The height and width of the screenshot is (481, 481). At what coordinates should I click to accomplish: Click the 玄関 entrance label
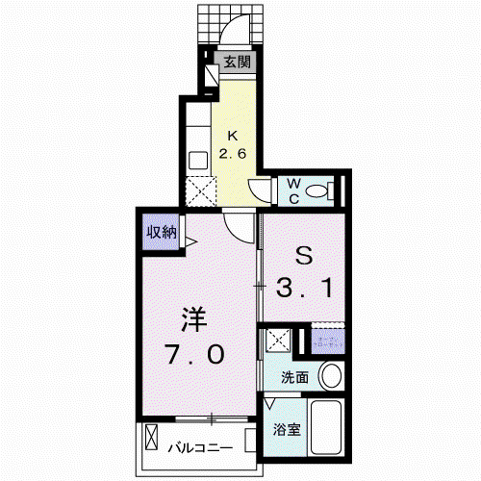coord(237,62)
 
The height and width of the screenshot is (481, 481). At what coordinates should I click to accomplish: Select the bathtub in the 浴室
coord(326,427)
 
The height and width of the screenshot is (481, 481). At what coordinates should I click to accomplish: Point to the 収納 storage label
coord(162,232)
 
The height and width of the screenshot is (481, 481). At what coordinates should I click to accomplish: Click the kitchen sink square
coord(198,161)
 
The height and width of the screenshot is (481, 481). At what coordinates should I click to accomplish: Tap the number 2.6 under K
coord(233,154)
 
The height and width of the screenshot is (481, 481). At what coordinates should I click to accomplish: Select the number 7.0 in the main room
coord(194,354)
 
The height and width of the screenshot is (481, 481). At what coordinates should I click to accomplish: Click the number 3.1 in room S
coord(304,288)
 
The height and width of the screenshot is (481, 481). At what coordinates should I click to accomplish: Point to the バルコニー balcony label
coord(200,447)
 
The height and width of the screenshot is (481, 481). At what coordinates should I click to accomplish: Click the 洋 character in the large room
coord(194,319)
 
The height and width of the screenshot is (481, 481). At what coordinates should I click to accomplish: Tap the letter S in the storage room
coord(304,256)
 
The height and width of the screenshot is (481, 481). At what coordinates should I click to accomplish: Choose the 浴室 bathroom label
coord(287,429)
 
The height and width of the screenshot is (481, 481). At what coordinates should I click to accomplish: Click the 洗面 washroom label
coord(294,378)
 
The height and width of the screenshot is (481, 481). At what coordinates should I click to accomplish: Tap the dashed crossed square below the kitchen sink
coord(201,191)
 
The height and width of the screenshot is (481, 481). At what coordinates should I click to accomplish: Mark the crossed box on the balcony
coord(151,437)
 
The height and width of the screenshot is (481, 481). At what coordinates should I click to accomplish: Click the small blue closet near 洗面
coord(328,342)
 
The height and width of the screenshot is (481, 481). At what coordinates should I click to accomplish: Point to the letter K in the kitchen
coord(232,136)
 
